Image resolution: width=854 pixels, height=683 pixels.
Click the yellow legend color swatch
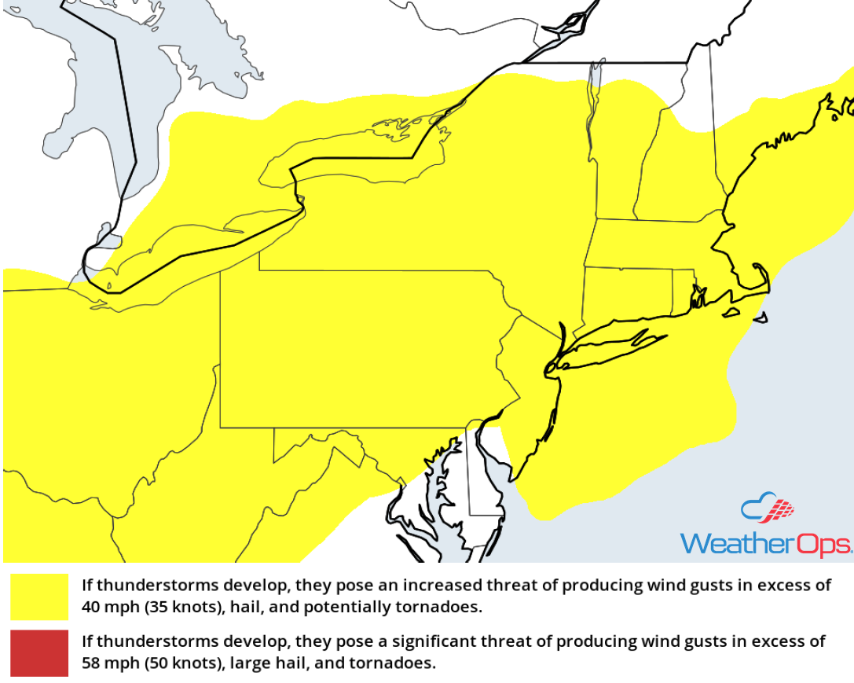coord(40,597)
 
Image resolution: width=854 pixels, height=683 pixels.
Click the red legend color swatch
coord(40,652)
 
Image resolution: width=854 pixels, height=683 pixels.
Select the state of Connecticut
coord(629,291)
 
